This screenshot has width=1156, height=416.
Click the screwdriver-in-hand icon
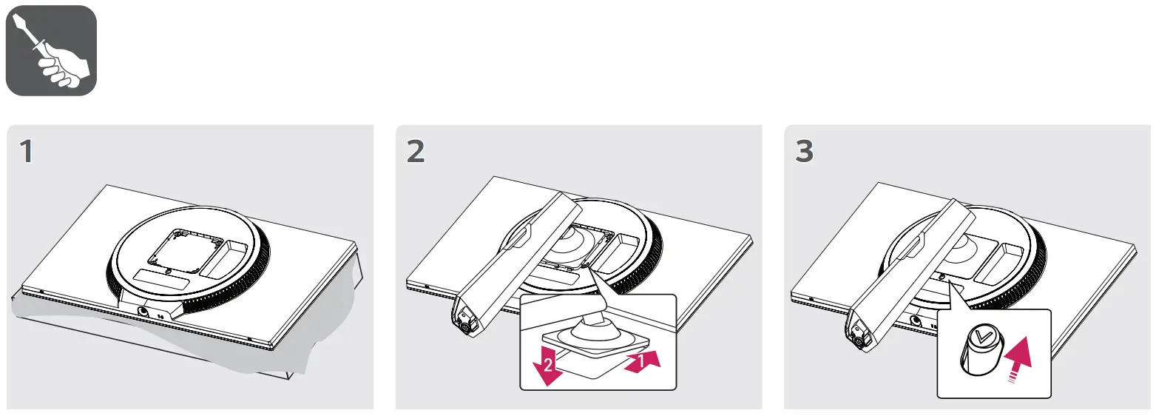tap(51, 50)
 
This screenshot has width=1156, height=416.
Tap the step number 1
tap(27, 152)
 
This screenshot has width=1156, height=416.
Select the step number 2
tap(416, 152)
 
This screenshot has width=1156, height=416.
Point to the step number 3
tap(804, 152)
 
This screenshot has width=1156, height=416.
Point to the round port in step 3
tap(916, 321)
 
